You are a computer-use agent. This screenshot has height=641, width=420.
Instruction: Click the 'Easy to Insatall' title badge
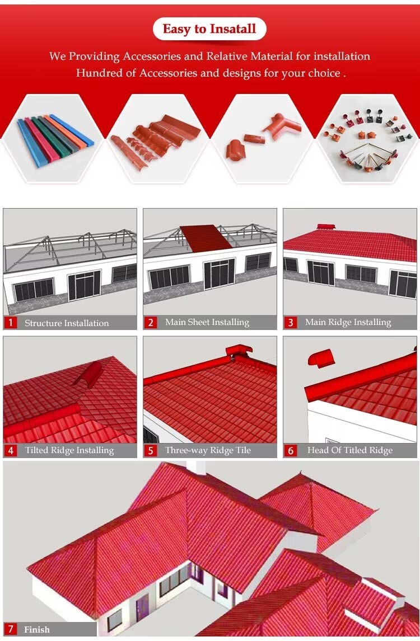point(209,29)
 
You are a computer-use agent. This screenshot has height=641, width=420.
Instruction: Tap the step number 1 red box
point(11,323)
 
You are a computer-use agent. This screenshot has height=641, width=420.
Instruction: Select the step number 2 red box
point(151,323)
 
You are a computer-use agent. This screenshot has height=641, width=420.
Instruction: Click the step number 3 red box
point(291,323)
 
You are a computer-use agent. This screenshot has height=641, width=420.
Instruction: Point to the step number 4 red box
point(11,450)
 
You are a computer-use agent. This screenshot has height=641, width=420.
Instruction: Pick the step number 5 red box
point(151,450)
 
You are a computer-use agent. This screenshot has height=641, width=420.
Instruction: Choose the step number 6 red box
point(291,450)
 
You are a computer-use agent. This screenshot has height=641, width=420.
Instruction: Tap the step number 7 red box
point(11,630)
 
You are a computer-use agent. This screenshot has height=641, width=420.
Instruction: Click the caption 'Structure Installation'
point(67,323)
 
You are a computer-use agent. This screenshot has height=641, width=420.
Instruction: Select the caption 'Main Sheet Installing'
point(207,323)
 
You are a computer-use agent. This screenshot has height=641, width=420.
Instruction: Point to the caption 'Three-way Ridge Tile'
point(208,450)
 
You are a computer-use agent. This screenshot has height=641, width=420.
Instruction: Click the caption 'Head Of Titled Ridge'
point(350,450)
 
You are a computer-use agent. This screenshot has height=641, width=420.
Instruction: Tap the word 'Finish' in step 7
point(37,630)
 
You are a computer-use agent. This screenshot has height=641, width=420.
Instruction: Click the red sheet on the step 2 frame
point(206,238)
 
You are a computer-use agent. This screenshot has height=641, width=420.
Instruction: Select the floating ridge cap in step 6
point(321,359)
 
